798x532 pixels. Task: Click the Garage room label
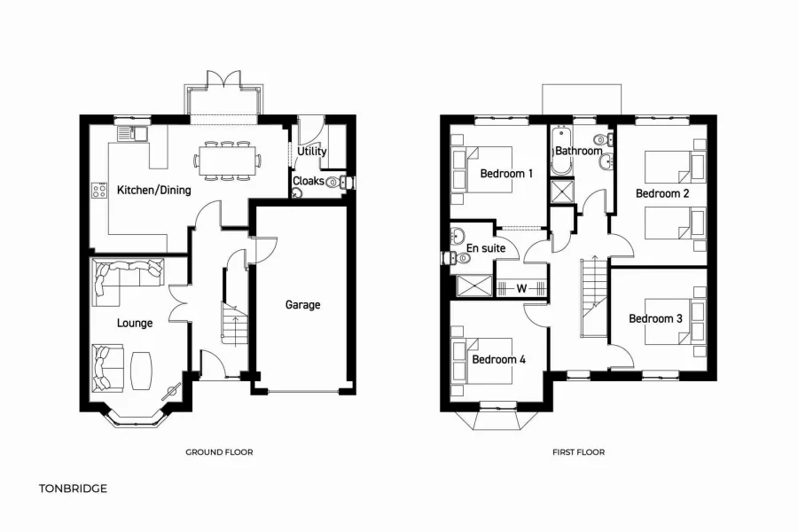click(302, 305)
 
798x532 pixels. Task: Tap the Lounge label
click(135, 324)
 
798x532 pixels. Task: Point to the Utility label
click(312, 152)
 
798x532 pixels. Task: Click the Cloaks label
click(309, 181)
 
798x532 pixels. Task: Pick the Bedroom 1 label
click(506, 174)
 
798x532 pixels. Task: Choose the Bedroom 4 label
click(499, 360)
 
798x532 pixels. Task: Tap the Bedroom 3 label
click(655, 318)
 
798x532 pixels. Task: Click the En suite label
click(486, 248)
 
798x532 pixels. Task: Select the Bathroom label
click(579, 151)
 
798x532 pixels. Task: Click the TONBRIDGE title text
click(73, 488)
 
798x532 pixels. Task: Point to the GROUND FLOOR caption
click(219, 452)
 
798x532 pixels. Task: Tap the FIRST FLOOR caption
click(578, 452)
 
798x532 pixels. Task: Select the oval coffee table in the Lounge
click(142, 371)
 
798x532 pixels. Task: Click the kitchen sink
click(137, 134)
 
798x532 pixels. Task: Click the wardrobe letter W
click(521, 287)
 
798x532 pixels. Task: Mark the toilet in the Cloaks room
click(333, 183)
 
